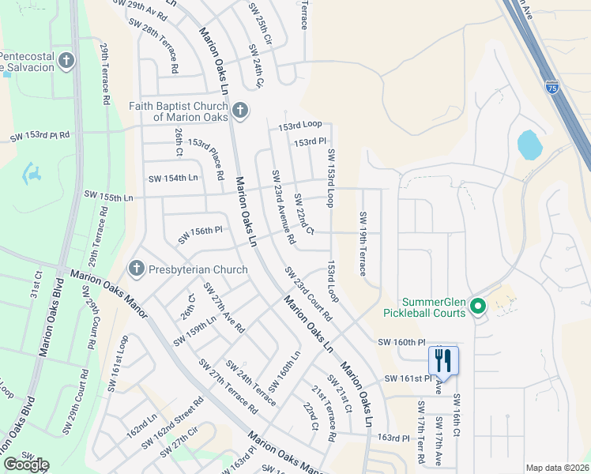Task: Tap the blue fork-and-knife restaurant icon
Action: click(443, 362)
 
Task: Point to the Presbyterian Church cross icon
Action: click(136, 269)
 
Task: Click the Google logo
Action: click(26, 465)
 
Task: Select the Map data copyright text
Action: click(557, 468)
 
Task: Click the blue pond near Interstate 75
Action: click(529, 145)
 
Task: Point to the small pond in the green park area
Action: click(32, 173)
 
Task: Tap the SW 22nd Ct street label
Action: click(304, 214)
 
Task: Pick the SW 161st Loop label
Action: click(119, 355)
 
